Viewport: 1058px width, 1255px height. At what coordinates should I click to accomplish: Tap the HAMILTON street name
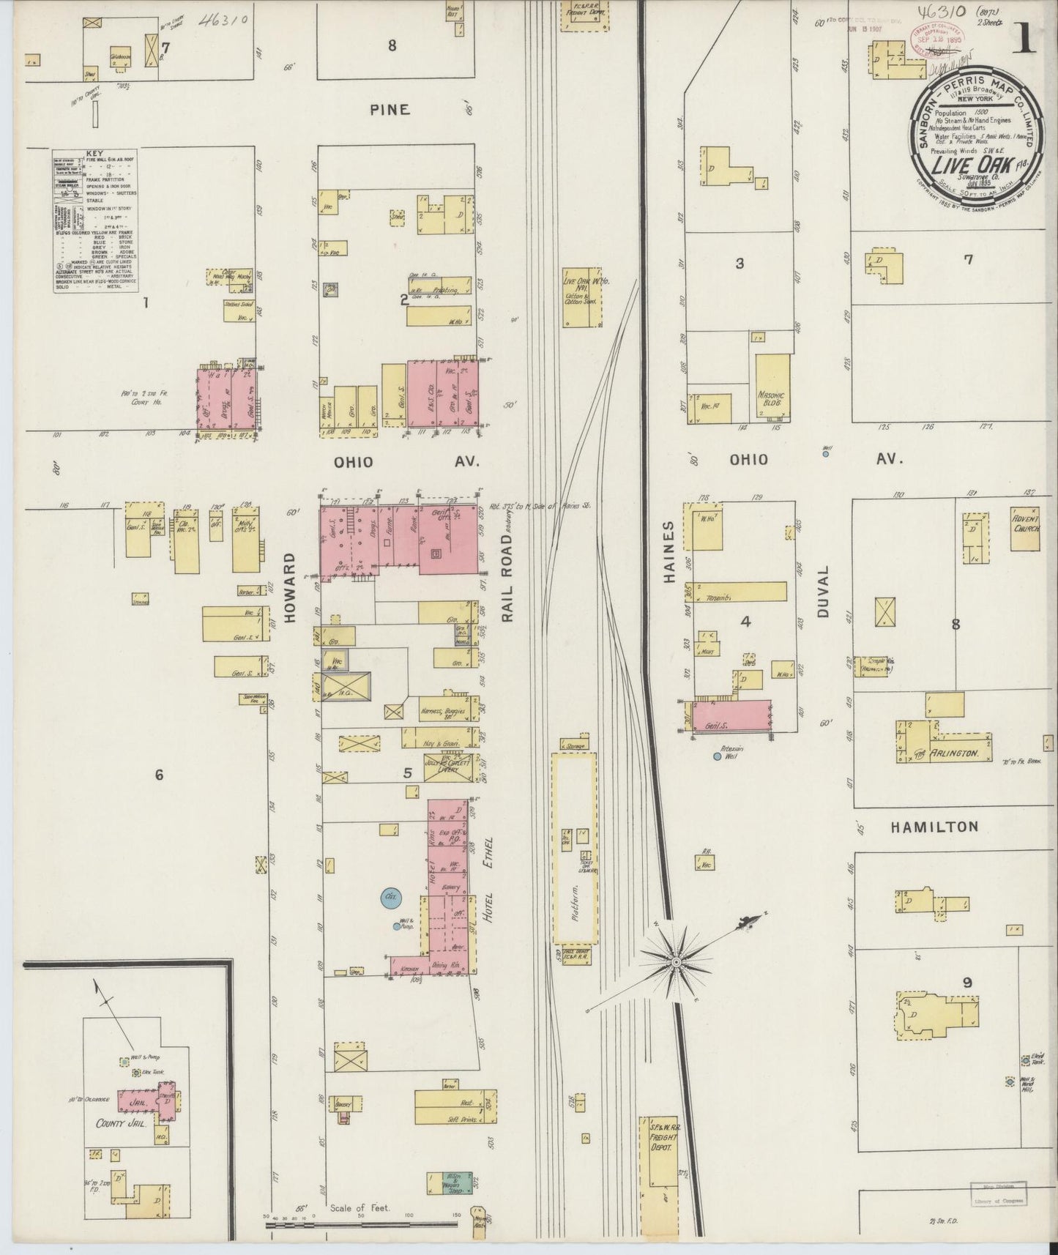click(934, 827)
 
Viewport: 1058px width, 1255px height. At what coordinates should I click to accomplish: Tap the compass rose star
click(677, 961)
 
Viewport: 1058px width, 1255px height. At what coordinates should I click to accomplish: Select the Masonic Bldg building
click(772, 387)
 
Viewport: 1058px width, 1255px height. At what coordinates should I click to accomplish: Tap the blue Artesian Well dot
click(718, 756)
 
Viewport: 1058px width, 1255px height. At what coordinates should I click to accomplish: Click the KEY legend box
click(95, 220)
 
